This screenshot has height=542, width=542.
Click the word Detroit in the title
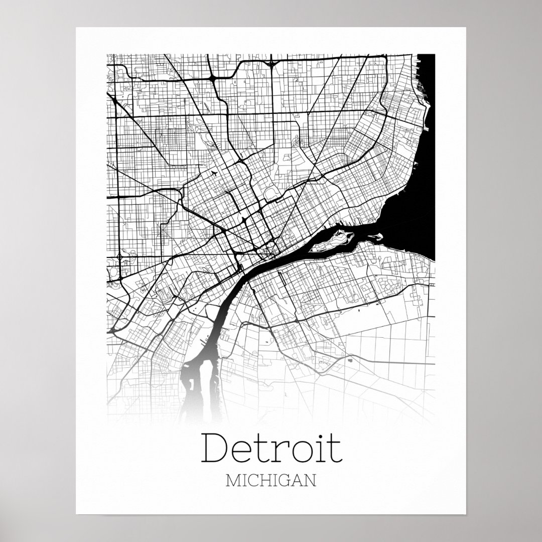[272, 450]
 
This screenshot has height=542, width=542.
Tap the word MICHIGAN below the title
[272, 481]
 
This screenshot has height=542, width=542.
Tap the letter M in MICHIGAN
[233, 481]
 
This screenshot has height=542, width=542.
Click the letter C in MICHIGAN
[254, 481]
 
